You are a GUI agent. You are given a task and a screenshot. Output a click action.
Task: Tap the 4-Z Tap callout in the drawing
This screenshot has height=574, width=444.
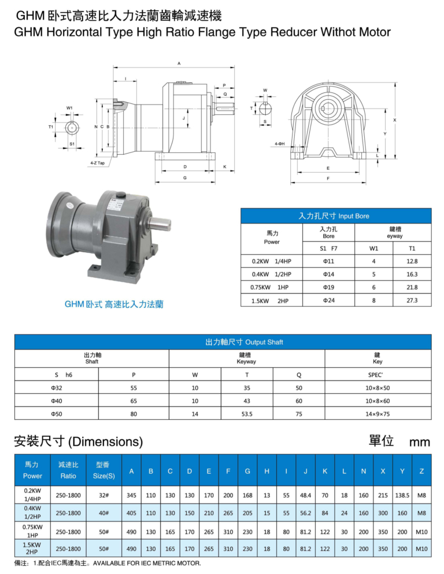click(x=97, y=163)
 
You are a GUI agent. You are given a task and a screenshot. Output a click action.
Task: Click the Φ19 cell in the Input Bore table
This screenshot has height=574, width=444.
click(x=328, y=287)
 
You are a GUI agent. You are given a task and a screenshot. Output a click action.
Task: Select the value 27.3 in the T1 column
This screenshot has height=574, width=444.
click(x=412, y=300)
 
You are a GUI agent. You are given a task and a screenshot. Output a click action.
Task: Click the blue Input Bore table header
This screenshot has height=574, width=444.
click(x=335, y=216)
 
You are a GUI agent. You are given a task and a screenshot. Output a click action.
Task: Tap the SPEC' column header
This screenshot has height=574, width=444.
click(x=377, y=374)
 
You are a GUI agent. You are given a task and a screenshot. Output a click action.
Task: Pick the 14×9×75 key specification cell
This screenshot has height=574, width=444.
click(x=377, y=413)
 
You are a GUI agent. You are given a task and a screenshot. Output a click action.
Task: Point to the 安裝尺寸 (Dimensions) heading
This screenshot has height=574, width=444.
click(x=78, y=442)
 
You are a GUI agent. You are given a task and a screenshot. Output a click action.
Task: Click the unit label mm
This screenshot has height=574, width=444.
click(x=419, y=442)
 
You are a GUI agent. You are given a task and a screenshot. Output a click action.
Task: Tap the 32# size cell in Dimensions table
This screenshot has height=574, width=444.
click(x=104, y=495)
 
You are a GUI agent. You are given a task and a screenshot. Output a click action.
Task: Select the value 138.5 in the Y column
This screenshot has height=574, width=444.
click(x=402, y=495)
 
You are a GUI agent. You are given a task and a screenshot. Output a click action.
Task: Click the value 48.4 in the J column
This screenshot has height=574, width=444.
click(x=305, y=495)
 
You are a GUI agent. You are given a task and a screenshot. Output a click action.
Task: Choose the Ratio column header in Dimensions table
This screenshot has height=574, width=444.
click(x=68, y=476)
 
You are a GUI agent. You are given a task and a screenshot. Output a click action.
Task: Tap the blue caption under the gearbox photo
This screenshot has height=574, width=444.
click(x=114, y=304)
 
